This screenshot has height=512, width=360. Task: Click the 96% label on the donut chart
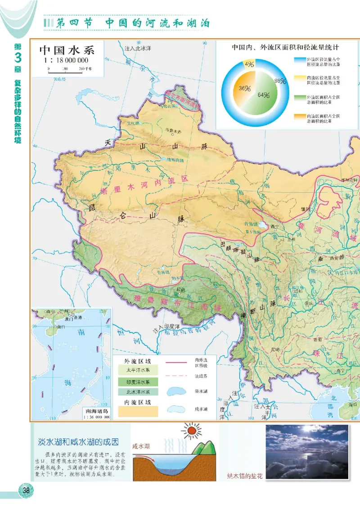pyautogui.click(x=280, y=81)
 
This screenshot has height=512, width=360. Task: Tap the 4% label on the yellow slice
pyautogui.click(x=249, y=64)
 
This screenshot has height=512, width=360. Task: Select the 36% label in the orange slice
pyautogui.click(x=245, y=89)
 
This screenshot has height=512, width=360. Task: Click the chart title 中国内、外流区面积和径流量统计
pyautogui.click(x=285, y=47)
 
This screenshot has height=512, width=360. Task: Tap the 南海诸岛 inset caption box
pyautogui.click(x=96, y=413)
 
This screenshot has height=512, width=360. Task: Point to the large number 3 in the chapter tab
pyautogui.click(x=18, y=58)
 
